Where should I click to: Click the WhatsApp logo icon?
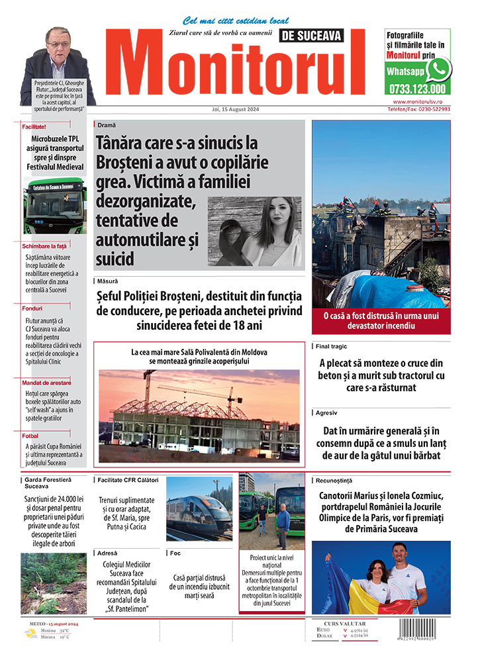point(438,69)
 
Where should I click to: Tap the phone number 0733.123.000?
point(417,89)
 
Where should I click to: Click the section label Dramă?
point(107,125)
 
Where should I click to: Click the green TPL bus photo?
point(55,205)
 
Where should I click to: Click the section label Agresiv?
point(327,412)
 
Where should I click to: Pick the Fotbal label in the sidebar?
point(30,436)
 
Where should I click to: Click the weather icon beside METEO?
point(30,633)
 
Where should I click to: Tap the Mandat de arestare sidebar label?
point(46,383)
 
